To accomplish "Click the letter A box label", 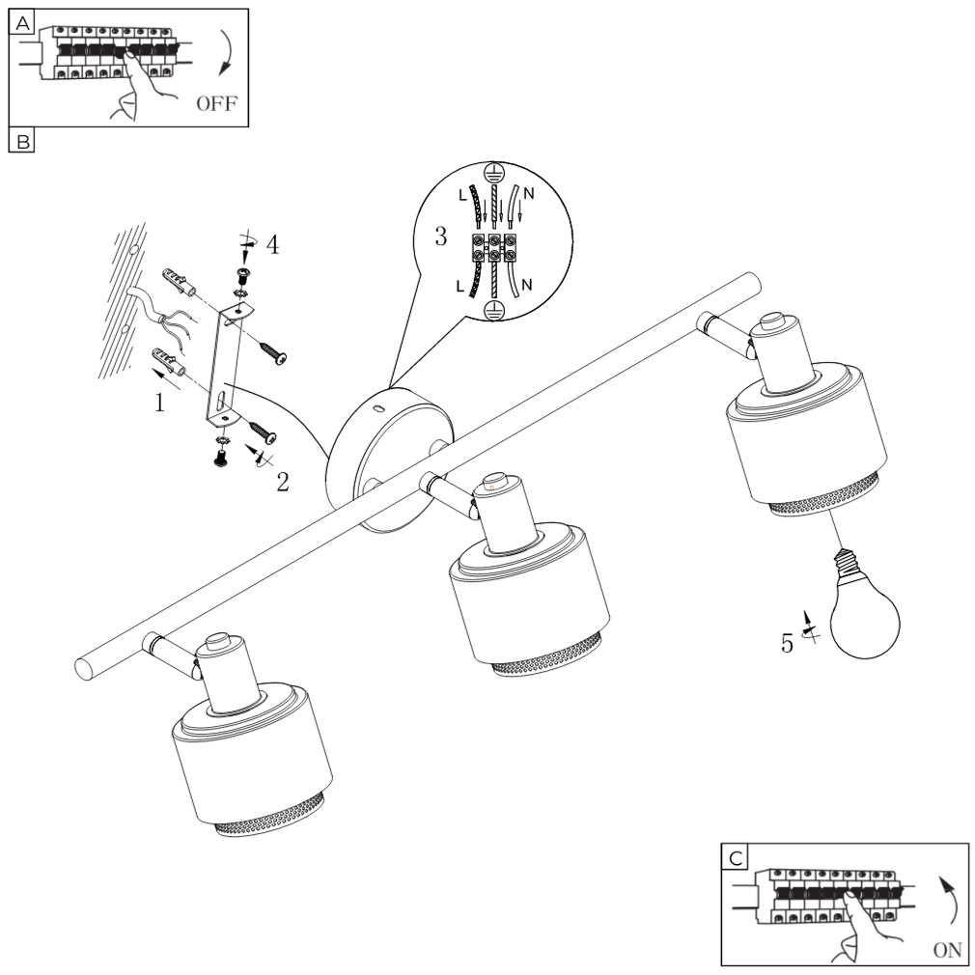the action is pyautogui.click(x=22, y=23).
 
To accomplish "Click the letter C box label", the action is pyautogui.click(x=736, y=858).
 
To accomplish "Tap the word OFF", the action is pyautogui.click(x=216, y=104).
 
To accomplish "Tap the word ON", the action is pyautogui.click(x=948, y=950).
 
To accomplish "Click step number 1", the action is pyautogui.click(x=160, y=403).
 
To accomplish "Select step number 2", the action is pyautogui.click(x=282, y=482).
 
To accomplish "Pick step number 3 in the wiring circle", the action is pyautogui.click(x=440, y=237).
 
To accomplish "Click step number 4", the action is pyautogui.click(x=272, y=244).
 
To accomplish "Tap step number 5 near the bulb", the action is pyautogui.click(x=787, y=644).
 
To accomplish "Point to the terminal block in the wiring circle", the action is pyautogui.click(x=493, y=247).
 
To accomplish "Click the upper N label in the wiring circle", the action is pyautogui.click(x=529, y=193).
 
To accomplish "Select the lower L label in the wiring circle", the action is pyautogui.click(x=460, y=286).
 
